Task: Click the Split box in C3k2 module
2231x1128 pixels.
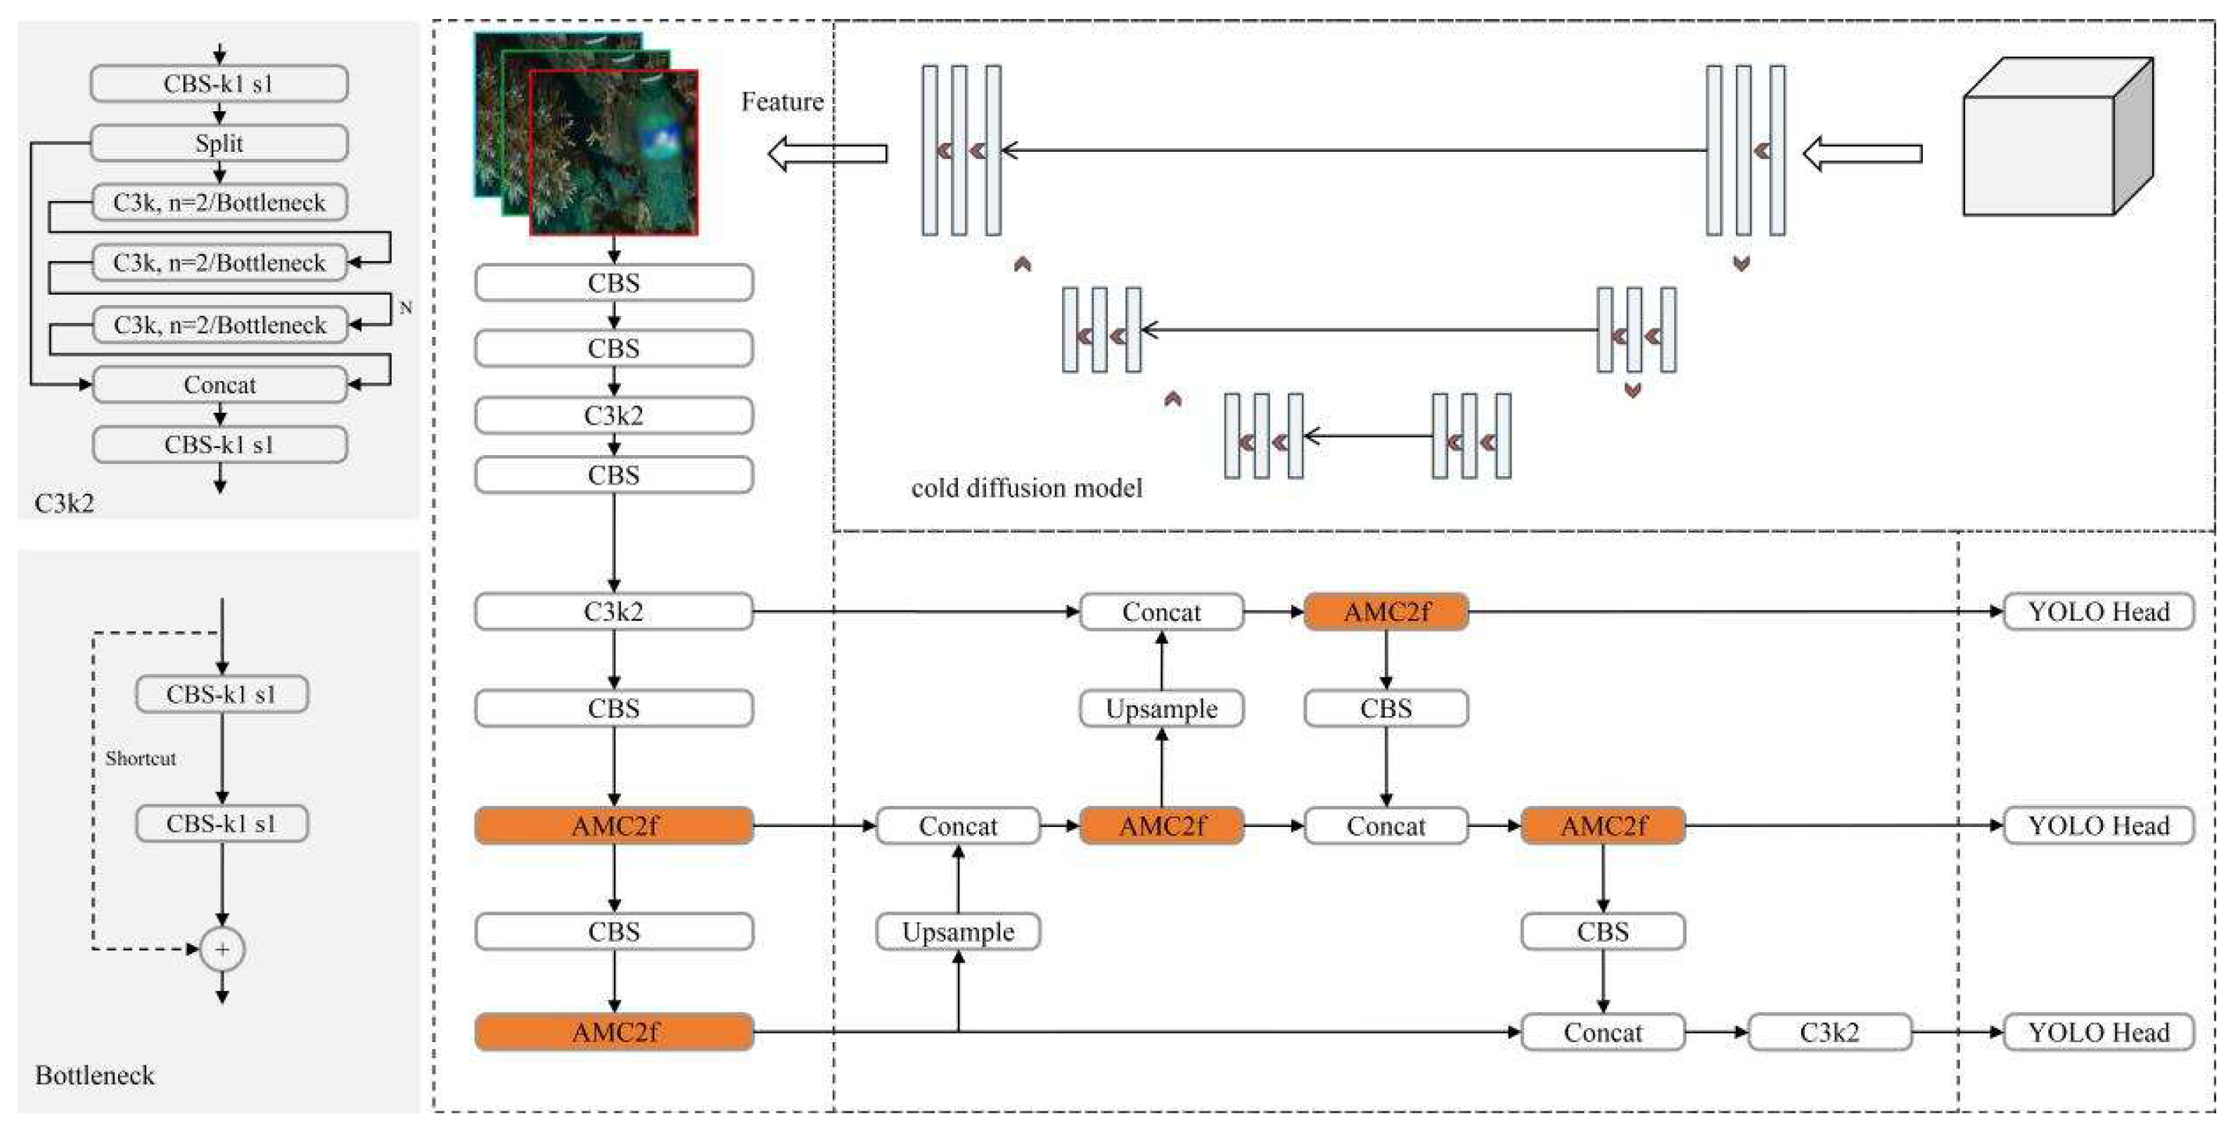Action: point(219,143)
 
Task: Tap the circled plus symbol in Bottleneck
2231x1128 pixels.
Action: point(222,949)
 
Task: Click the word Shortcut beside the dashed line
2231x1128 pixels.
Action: point(140,758)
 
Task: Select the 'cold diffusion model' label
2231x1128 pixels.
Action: point(1026,488)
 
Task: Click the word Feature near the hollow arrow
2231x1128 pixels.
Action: point(782,102)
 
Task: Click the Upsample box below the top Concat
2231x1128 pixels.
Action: point(1161,709)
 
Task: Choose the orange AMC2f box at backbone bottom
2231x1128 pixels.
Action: point(614,1032)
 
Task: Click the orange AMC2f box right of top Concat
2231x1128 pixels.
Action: point(1386,612)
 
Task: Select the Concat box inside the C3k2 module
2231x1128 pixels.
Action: point(219,385)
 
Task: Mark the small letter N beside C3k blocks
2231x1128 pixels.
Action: point(405,308)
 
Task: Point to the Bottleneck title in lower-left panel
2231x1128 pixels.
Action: point(94,1075)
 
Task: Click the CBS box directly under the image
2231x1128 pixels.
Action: point(614,283)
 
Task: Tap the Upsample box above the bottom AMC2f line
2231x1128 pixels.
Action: point(958,932)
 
